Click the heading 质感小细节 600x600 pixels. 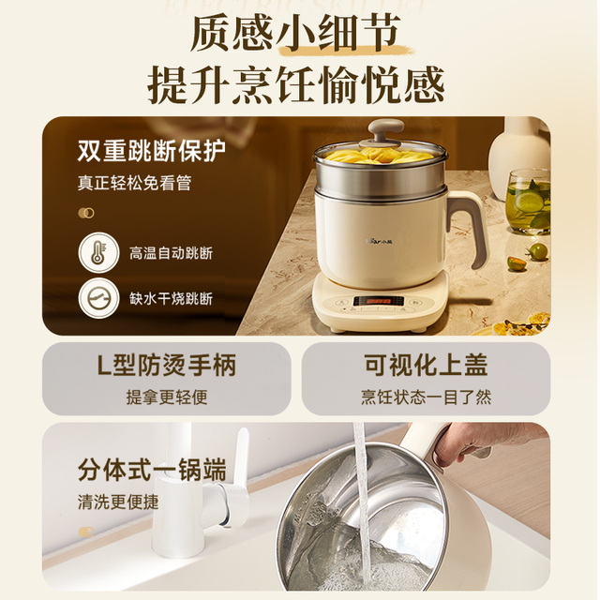pyautogui.click(x=295, y=34)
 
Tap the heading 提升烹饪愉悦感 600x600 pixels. pyautogui.click(x=296, y=84)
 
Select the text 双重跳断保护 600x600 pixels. pyautogui.click(x=152, y=151)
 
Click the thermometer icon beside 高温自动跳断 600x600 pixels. pyautogui.click(x=98, y=252)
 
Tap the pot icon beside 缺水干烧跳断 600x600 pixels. pyautogui.click(x=98, y=298)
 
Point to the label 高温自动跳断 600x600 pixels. pyautogui.click(x=171, y=253)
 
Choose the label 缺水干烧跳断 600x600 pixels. pyautogui.click(x=171, y=299)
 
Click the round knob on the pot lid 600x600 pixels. pyautogui.click(x=385, y=130)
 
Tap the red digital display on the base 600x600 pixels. pyautogui.click(x=379, y=301)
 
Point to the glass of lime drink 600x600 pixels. pyautogui.click(x=529, y=202)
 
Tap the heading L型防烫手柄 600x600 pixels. pyautogui.click(x=167, y=365)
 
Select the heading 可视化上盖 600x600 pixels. pyautogui.click(x=426, y=365)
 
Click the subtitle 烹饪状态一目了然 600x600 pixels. pyautogui.click(x=426, y=397)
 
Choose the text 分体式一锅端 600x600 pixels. pyautogui.click(x=152, y=470)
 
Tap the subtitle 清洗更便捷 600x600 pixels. pyautogui.click(x=118, y=502)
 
